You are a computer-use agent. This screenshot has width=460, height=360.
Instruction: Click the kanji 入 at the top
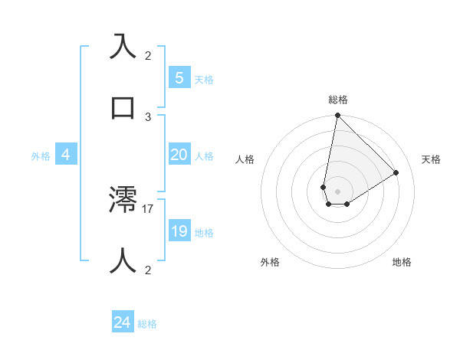tap(123, 46)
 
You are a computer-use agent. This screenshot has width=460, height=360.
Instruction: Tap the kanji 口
tap(123, 107)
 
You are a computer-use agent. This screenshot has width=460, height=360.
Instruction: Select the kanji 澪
tap(123, 200)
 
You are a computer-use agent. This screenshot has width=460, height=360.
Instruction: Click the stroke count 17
tap(148, 208)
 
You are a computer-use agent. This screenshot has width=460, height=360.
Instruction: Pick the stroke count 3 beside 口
tap(148, 116)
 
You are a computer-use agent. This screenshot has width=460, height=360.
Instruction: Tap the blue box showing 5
tap(179, 77)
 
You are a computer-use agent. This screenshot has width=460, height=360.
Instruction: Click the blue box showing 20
tap(179, 155)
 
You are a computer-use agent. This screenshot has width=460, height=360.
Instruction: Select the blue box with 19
tap(179, 231)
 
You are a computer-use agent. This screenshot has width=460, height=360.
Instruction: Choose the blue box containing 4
tap(66, 155)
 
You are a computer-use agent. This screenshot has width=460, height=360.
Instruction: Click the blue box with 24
tap(123, 322)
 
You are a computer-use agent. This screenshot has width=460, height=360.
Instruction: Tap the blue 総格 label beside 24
tap(147, 324)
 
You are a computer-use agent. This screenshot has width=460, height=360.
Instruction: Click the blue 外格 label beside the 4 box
tap(41, 156)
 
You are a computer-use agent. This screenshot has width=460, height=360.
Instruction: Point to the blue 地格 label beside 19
tap(205, 233)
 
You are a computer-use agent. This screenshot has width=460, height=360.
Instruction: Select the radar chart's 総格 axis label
tap(338, 100)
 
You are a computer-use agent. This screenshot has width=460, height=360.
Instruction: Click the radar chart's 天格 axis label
tap(431, 159)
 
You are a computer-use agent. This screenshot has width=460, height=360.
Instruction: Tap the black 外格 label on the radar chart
tap(270, 262)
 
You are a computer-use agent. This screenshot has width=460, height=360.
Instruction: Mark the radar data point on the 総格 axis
tap(337, 116)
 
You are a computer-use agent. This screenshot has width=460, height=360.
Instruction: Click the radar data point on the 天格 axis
tap(396, 172)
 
